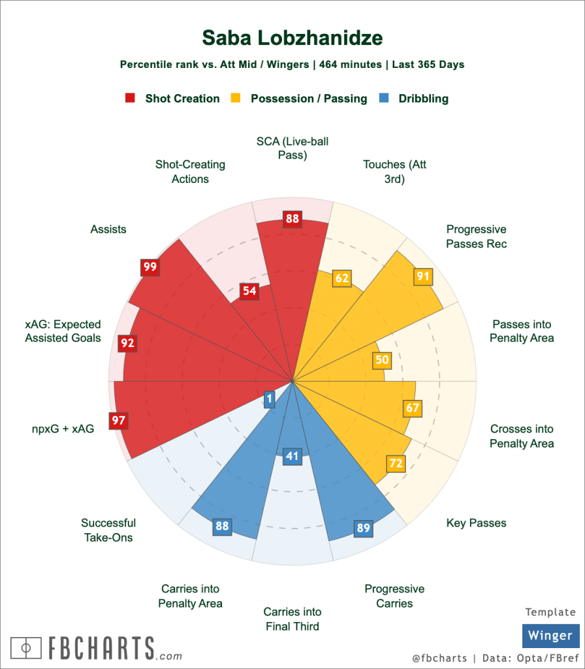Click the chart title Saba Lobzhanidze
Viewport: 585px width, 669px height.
pyautogui.click(x=292, y=37)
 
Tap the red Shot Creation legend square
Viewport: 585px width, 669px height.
pyautogui.click(x=130, y=99)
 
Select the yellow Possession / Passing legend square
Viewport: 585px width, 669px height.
pyautogui.click(x=236, y=99)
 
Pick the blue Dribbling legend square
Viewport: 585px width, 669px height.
pyautogui.click(x=384, y=99)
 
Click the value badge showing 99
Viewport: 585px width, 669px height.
pyautogui.click(x=150, y=267)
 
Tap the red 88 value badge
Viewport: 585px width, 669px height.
pyautogui.click(x=292, y=219)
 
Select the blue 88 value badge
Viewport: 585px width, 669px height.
pyautogui.click(x=222, y=527)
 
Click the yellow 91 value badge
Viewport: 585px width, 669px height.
pyautogui.click(x=423, y=276)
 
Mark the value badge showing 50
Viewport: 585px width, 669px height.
pyautogui.click(x=382, y=359)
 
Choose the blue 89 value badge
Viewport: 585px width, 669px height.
pyautogui.click(x=364, y=528)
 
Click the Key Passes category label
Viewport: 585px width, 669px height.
pyautogui.click(x=476, y=523)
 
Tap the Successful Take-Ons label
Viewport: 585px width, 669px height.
pyautogui.click(x=108, y=530)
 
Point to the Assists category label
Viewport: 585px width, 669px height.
pyautogui.click(x=108, y=229)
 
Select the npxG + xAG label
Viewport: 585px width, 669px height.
pyautogui.click(x=63, y=429)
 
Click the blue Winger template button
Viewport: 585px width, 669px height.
pyautogui.click(x=550, y=636)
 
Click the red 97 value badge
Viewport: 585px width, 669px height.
pyautogui.click(x=118, y=420)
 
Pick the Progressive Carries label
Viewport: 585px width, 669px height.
pyautogui.click(x=394, y=596)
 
